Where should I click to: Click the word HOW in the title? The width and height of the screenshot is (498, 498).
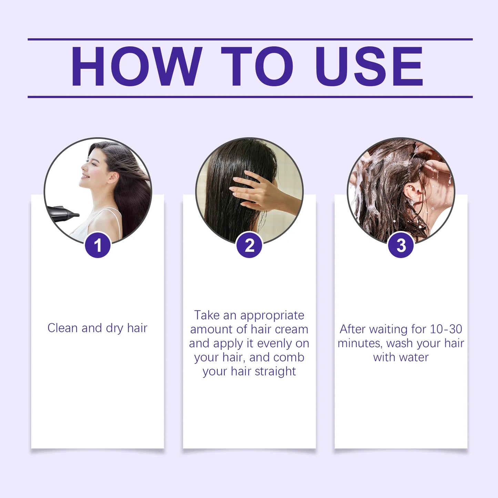(136, 66)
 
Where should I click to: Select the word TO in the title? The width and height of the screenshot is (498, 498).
(257, 66)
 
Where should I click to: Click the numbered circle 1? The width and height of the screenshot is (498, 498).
(98, 245)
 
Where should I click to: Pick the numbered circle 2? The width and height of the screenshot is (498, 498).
(250, 245)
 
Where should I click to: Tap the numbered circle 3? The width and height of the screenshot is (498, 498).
(401, 245)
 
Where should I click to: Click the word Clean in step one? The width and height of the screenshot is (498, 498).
(62, 328)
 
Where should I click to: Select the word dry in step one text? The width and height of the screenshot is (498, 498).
(114, 328)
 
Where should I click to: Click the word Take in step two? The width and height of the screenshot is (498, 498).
(207, 315)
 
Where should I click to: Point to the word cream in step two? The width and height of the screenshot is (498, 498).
(291, 329)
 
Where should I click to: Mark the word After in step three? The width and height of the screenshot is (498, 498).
(352, 329)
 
